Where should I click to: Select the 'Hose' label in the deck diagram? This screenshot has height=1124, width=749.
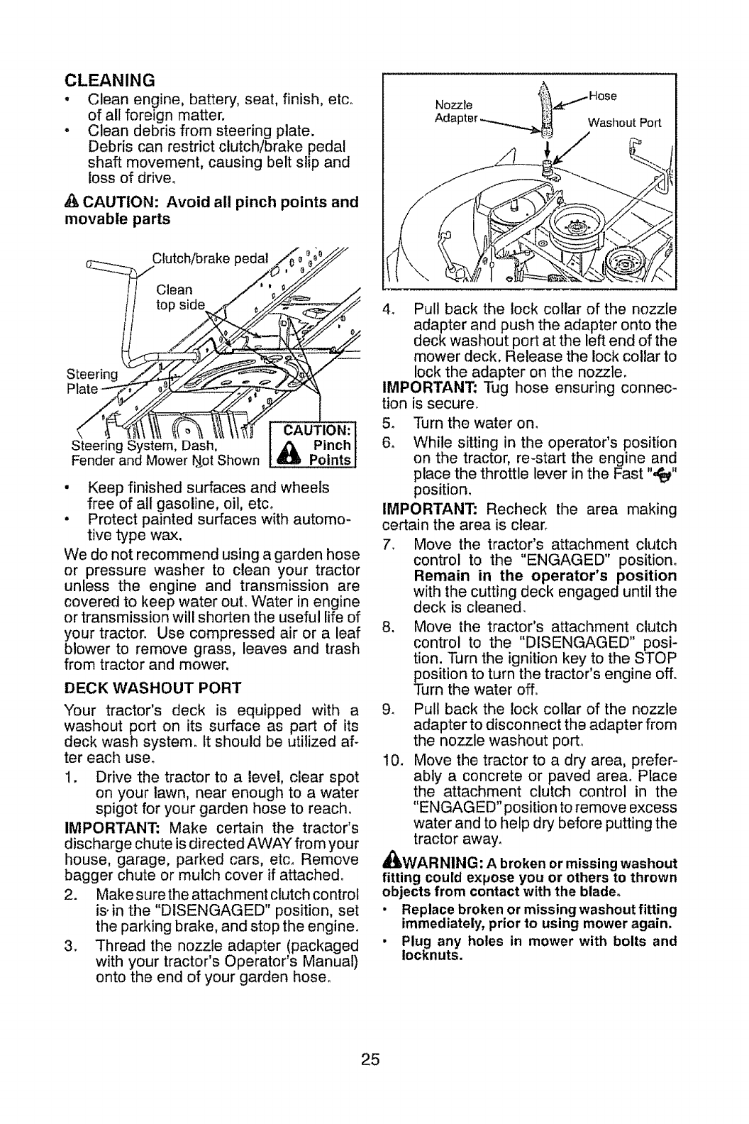coord(603,96)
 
